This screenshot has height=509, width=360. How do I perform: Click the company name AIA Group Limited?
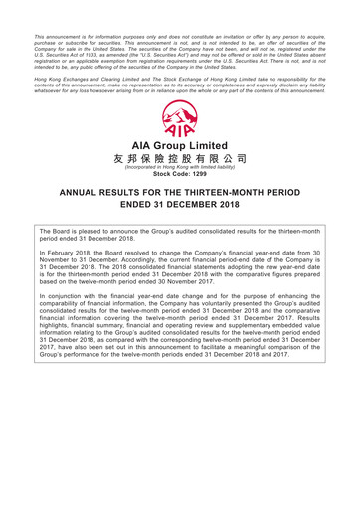point(180,144)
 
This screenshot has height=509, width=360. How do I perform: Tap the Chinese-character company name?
point(180,159)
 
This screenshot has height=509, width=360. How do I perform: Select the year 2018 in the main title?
point(244,212)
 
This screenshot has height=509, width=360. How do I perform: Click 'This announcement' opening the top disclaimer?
point(54,9)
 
